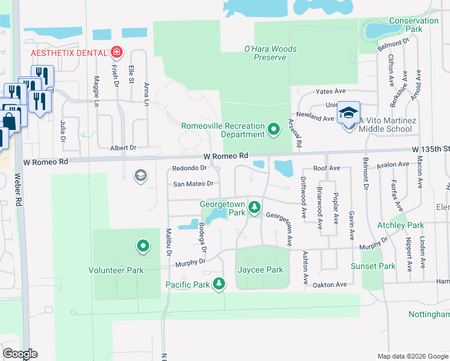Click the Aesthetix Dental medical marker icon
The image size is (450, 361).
click(116, 53)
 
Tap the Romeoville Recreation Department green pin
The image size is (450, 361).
click(274, 129)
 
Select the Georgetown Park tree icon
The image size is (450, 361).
click(254, 208)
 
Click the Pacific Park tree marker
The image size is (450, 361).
click(219, 283)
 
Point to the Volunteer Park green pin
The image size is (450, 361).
click(143, 247)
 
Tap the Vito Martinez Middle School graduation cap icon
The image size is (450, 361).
click(348, 113)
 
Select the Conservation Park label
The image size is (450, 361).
click(414, 25)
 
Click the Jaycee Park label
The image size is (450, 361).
click(260, 270)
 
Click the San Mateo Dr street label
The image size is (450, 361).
click(193, 184)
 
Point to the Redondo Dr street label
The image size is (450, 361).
click(190, 168)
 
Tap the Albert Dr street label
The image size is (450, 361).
click(123, 147)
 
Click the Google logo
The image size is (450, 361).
click(20, 354)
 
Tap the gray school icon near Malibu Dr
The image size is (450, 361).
click(141, 175)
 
